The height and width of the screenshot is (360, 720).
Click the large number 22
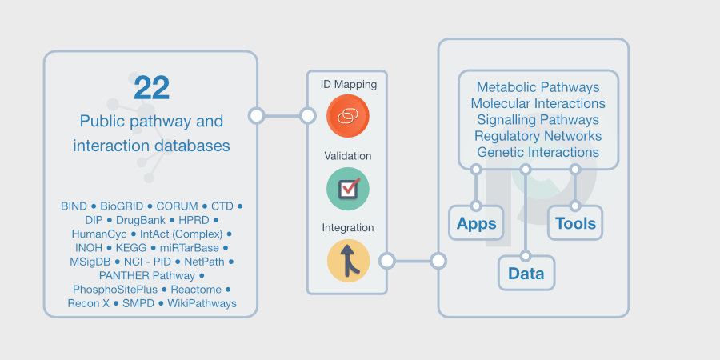click(x=152, y=88)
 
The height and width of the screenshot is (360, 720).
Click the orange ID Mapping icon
click(x=347, y=115)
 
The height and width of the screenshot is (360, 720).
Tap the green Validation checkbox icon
click(x=347, y=189)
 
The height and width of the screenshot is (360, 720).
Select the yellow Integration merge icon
click(x=348, y=261)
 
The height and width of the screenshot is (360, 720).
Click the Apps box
click(x=477, y=224)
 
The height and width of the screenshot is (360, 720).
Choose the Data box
click(x=526, y=274)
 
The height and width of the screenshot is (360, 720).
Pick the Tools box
click(x=575, y=223)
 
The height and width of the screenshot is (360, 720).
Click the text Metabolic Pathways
click(x=538, y=87)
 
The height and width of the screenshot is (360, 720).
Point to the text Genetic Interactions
click(x=538, y=152)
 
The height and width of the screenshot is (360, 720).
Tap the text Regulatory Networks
click(x=538, y=136)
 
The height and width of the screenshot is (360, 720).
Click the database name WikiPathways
click(x=202, y=303)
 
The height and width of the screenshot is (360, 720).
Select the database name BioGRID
click(x=122, y=206)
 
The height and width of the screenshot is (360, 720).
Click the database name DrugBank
click(x=141, y=220)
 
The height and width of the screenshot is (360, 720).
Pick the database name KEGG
click(x=131, y=248)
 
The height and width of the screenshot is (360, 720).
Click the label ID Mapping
click(x=348, y=84)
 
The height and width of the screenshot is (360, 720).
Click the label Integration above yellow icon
click(x=348, y=228)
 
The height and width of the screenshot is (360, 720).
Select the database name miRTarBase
click(x=189, y=248)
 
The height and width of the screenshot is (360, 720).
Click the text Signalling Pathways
click(x=538, y=120)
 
